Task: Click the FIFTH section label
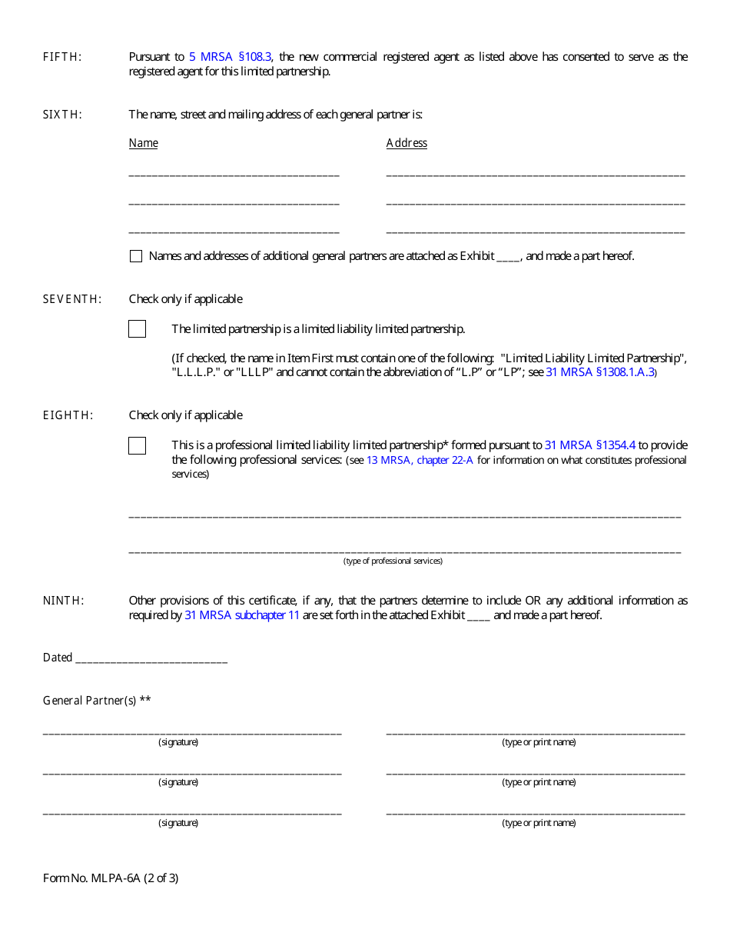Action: click(x=62, y=57)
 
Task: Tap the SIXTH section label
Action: click(x=62, y=115)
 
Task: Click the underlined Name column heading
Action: click(x=143, y=143)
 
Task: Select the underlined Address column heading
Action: click(x=406, y=143)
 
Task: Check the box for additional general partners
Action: click(x=136, y=257)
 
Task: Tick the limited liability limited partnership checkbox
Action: click(x=137, y=329)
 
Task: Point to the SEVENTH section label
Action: click(x=71, y=299)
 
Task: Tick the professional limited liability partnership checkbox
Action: click(x=137, y=445)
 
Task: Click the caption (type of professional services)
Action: click(x=393, y=561)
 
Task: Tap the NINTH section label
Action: click(x=63, y=601)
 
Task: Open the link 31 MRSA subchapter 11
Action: click(x=242, y=615)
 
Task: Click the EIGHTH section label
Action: click(x=68, y=415)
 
